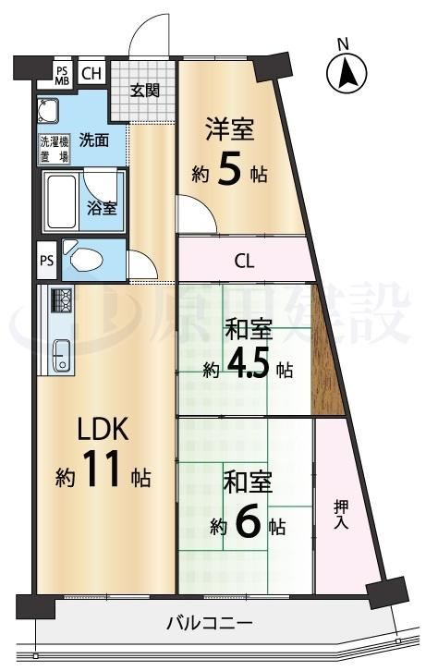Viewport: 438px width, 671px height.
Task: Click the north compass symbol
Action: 347,73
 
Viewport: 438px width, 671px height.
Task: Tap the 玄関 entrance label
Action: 145,91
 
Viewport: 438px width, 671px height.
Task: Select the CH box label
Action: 91,74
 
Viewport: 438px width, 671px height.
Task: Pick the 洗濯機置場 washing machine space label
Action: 55,150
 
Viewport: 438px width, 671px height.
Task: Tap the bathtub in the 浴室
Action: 62,202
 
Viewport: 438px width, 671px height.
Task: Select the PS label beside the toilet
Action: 47,261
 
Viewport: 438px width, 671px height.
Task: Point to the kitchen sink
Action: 63,356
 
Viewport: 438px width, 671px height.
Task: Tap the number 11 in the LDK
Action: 103,469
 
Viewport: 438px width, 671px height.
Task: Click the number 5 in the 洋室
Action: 229,168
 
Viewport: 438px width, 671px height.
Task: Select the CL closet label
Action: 244,261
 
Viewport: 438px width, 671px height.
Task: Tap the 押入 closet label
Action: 341,515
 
